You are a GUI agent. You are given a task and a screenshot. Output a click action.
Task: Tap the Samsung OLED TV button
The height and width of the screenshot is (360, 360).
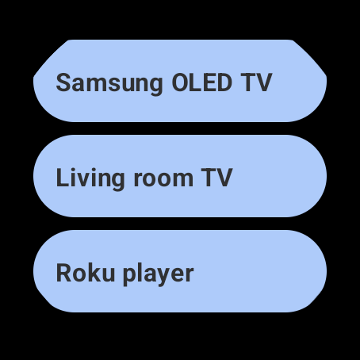[180, 81]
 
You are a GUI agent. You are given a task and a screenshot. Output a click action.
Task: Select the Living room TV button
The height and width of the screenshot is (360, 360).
[180, 176]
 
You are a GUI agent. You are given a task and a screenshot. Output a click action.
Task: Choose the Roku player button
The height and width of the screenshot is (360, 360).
[180, 271]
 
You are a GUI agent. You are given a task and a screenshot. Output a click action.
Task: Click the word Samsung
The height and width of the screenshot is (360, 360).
[109, 84]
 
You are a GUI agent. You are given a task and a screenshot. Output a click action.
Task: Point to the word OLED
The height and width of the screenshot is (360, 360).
[202, 82]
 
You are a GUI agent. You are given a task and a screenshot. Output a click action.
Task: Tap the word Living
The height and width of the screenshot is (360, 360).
[90, 178]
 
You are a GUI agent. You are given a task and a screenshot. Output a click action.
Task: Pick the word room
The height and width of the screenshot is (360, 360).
[163, 180]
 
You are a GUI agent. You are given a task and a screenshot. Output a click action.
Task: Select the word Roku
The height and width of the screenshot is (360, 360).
[86, 273]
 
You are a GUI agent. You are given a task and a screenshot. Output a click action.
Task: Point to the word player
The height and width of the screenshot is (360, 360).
[159, 274]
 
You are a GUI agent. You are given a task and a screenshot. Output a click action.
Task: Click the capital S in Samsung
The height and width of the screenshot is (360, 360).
[63, 82]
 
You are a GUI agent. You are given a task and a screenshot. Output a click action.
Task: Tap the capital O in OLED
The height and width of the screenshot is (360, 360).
[180, 82]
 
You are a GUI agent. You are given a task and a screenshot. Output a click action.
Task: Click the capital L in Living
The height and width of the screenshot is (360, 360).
[63, 178]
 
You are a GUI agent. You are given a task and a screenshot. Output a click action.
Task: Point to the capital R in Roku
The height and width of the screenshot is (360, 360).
[64, 273]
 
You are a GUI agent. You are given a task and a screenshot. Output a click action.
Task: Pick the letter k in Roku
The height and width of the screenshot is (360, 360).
[94, 272]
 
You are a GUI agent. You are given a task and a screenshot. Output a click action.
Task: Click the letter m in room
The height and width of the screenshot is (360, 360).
[182, 180]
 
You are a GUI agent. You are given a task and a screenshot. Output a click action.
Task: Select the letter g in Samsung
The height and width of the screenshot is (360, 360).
[155, 86]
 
